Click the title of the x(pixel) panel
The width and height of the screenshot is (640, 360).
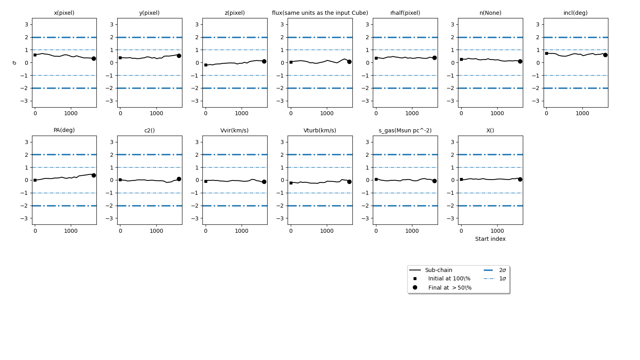click(x=64, y=13)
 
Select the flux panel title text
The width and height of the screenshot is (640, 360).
click(x=320, y=13)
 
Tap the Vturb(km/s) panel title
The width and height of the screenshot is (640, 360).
click(x=320, y=130)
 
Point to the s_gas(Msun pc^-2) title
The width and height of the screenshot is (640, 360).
click(x=405, y=130)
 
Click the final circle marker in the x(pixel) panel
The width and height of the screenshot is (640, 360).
click(x=94, y=58)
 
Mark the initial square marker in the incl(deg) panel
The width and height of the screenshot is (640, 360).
click(x=546, y=53)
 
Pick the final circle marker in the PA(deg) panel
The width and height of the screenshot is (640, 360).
click(x=94, y=175)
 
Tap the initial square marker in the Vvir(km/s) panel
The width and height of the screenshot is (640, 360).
click(x=206, y=181)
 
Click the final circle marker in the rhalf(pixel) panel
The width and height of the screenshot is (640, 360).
click(x=434, y=58)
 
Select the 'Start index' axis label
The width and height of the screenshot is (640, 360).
click(x=490, y=239)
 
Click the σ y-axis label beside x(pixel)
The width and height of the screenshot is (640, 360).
click(x=15, y=63)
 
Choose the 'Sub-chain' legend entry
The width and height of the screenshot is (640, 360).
click(x=438, y=270)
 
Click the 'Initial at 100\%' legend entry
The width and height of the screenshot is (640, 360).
click(x=449, y=278)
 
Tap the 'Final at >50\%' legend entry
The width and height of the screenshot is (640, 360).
click(x=450, y=288)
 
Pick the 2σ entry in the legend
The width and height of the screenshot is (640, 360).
click(x=502, y=270)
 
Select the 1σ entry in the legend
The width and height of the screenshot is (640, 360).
click(x=502, y=278)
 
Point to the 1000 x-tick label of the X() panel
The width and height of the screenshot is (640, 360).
click(x=497, y=231)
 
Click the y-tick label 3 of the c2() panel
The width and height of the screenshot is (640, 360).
click(x=111, y=142)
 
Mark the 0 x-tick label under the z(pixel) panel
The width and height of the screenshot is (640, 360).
click(x=206, y=113)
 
